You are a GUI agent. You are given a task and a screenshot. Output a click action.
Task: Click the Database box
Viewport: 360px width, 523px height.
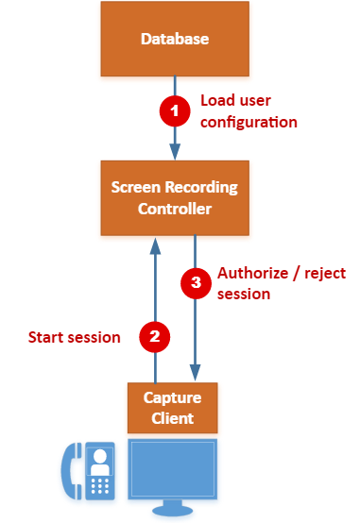click(174, 40)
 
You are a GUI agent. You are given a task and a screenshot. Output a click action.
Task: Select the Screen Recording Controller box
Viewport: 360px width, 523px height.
click(174, 198)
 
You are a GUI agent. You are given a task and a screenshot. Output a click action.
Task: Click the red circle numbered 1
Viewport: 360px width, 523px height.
click(173, 111)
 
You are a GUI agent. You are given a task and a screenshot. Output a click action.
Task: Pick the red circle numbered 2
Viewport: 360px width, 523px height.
click(154, 336)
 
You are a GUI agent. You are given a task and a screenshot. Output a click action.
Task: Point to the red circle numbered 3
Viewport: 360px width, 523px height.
click(195, 283)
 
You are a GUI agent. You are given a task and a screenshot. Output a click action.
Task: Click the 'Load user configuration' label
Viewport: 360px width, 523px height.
click(248, 111)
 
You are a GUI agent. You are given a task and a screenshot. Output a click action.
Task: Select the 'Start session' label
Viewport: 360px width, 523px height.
click(74, 337)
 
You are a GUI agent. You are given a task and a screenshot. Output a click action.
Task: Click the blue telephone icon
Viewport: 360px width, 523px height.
click(90, 473)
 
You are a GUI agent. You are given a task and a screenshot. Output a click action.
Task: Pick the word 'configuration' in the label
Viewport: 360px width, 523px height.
click(248, 122)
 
